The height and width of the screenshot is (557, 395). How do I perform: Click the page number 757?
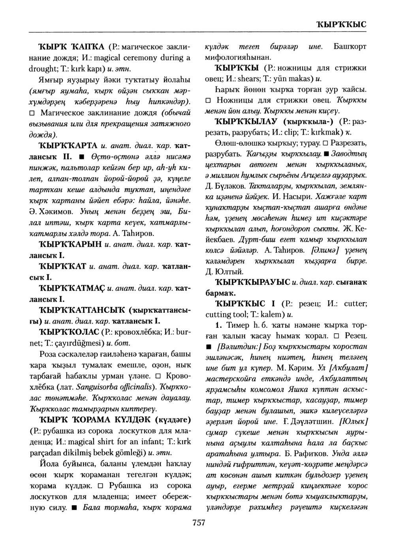tap(198, 523)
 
